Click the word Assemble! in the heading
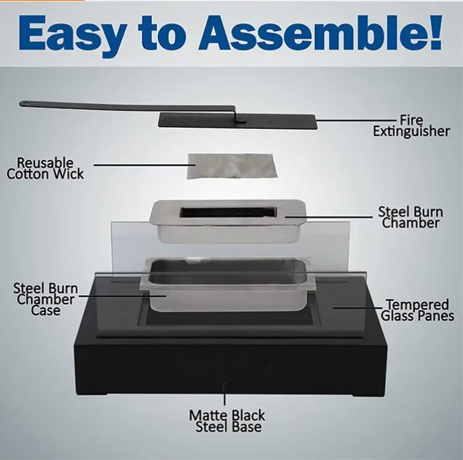tap(320, 33)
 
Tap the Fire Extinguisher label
tap(411, 126)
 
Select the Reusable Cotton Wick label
tap(45, 169)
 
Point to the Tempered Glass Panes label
tap(417, 310)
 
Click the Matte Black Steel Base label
tap(227, 421)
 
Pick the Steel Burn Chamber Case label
tap(46, 299)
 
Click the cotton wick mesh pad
tap(232, 166)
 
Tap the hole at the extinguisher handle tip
tap(26, 104)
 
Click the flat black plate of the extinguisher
tap(238, 121)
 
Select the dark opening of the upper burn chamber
tap(228, 212)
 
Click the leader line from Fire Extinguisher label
tap(356, 120)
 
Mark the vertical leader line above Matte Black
tap(225, 393)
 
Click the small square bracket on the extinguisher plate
tap(242, 120)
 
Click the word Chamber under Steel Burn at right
tap(411, 223)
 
